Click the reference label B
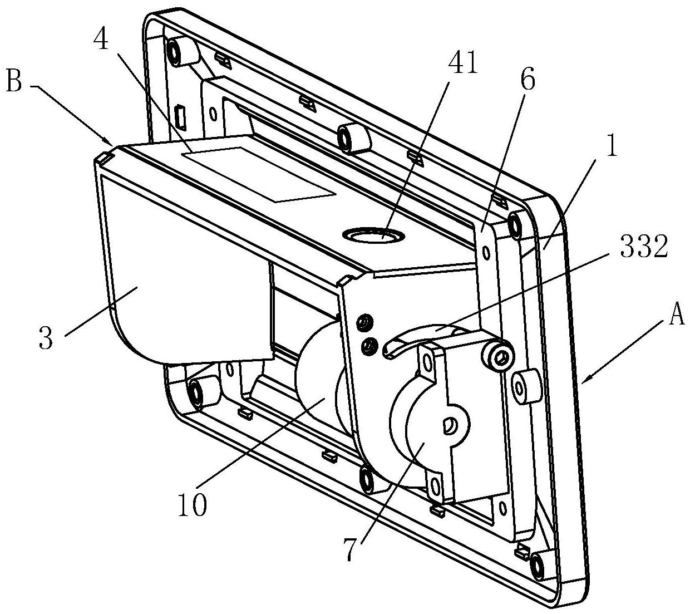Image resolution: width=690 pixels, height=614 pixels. click(x=14, y=81)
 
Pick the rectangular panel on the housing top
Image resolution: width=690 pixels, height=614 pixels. click(x=259, y=174)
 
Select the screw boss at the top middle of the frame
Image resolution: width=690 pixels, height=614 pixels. click(x=353, y=137)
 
